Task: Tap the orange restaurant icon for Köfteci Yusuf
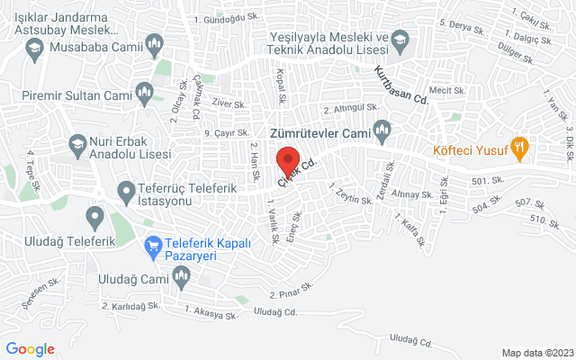[518, 147]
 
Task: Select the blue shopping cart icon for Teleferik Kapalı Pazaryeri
[153, 244]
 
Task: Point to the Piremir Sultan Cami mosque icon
[144, 92]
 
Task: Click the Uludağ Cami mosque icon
[181, 281]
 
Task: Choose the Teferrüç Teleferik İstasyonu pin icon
[125, 191]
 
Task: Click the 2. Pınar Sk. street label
[292, 290]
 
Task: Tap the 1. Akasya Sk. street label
[211, 312]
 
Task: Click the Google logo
[30, 349]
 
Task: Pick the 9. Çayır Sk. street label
[226, 134]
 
